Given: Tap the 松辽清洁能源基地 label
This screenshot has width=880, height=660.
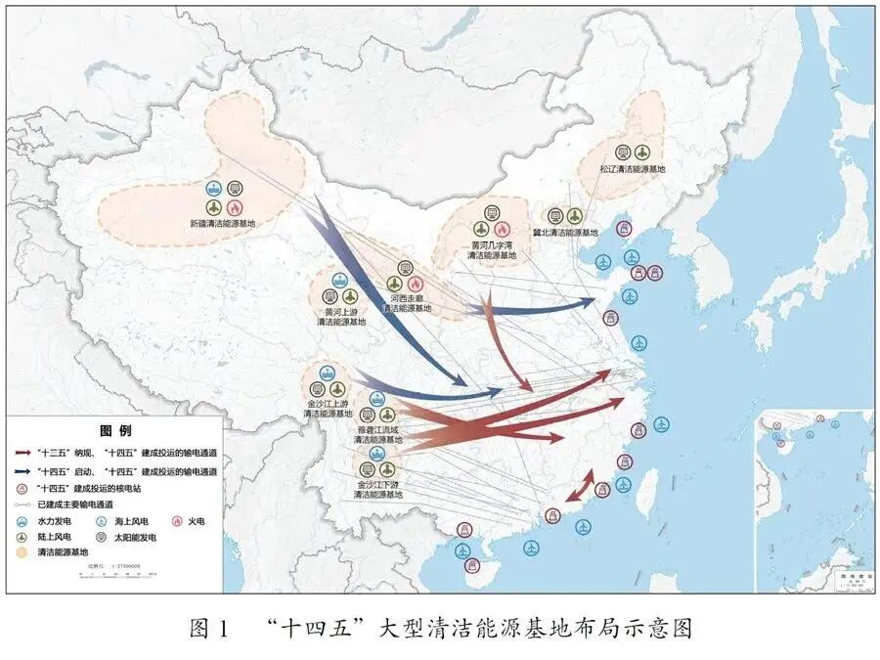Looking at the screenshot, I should point(633,169).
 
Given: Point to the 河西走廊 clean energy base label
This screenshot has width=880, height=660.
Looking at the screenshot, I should point(406,302).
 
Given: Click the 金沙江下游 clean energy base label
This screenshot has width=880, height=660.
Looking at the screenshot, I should point(377,489).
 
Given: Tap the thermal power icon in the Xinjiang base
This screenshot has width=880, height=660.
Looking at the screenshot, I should point(234,207).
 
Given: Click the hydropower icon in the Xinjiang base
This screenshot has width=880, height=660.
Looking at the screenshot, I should point(213,188).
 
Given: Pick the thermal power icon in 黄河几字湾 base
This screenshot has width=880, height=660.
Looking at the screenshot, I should point(515,229).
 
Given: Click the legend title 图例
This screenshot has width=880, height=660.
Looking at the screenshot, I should point(115,429).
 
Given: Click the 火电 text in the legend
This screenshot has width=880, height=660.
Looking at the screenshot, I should point(196,521).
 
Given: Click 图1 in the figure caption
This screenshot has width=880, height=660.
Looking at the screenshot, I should point(209,629).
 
